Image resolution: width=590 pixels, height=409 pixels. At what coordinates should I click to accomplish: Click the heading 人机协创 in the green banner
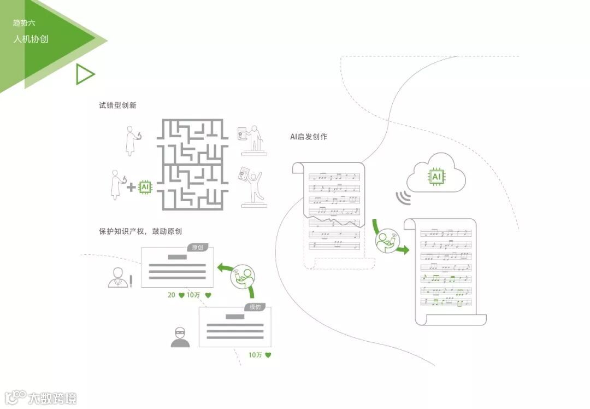tap(31, 39)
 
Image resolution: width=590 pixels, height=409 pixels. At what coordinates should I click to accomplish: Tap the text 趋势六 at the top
tap(25, 23)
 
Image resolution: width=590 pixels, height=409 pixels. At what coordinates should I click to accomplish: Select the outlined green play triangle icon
tap(85, 74)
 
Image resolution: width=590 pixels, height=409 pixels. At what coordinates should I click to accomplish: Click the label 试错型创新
tap(117, 105)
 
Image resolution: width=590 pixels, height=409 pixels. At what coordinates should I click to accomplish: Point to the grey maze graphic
tap(192, 165)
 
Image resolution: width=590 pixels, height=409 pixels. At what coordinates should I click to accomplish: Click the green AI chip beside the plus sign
tap(145, 187)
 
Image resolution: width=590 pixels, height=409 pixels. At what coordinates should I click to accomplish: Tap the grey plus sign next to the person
tap(131, 188)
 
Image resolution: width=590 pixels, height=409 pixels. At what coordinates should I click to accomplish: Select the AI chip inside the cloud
tap(436, 177)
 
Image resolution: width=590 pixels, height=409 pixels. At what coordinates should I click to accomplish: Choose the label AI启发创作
tap(309, 137)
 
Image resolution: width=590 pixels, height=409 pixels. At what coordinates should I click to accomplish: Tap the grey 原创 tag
tap(197, 248)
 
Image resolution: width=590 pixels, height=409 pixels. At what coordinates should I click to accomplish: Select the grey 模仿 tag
tap(256, 307)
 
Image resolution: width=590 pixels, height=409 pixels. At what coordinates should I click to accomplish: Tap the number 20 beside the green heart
tap(172, 295)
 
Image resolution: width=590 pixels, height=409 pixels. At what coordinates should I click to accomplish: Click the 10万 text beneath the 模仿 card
tap(255, 355)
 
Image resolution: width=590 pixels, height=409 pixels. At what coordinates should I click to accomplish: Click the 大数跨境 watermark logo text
tap(52, 398)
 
